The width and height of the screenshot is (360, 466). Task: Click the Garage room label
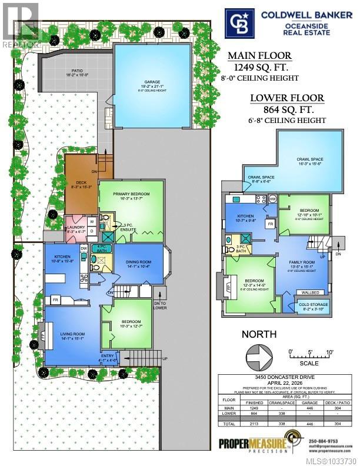155,83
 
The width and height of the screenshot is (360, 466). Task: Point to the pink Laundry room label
76,229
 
